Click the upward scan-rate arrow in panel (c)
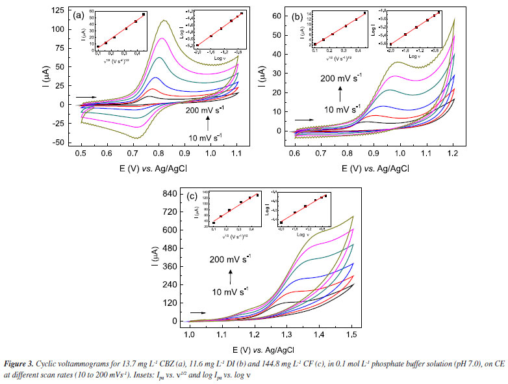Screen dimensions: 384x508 [x=230, y=275]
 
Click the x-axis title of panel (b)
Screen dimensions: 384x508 [x=368, y=168]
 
